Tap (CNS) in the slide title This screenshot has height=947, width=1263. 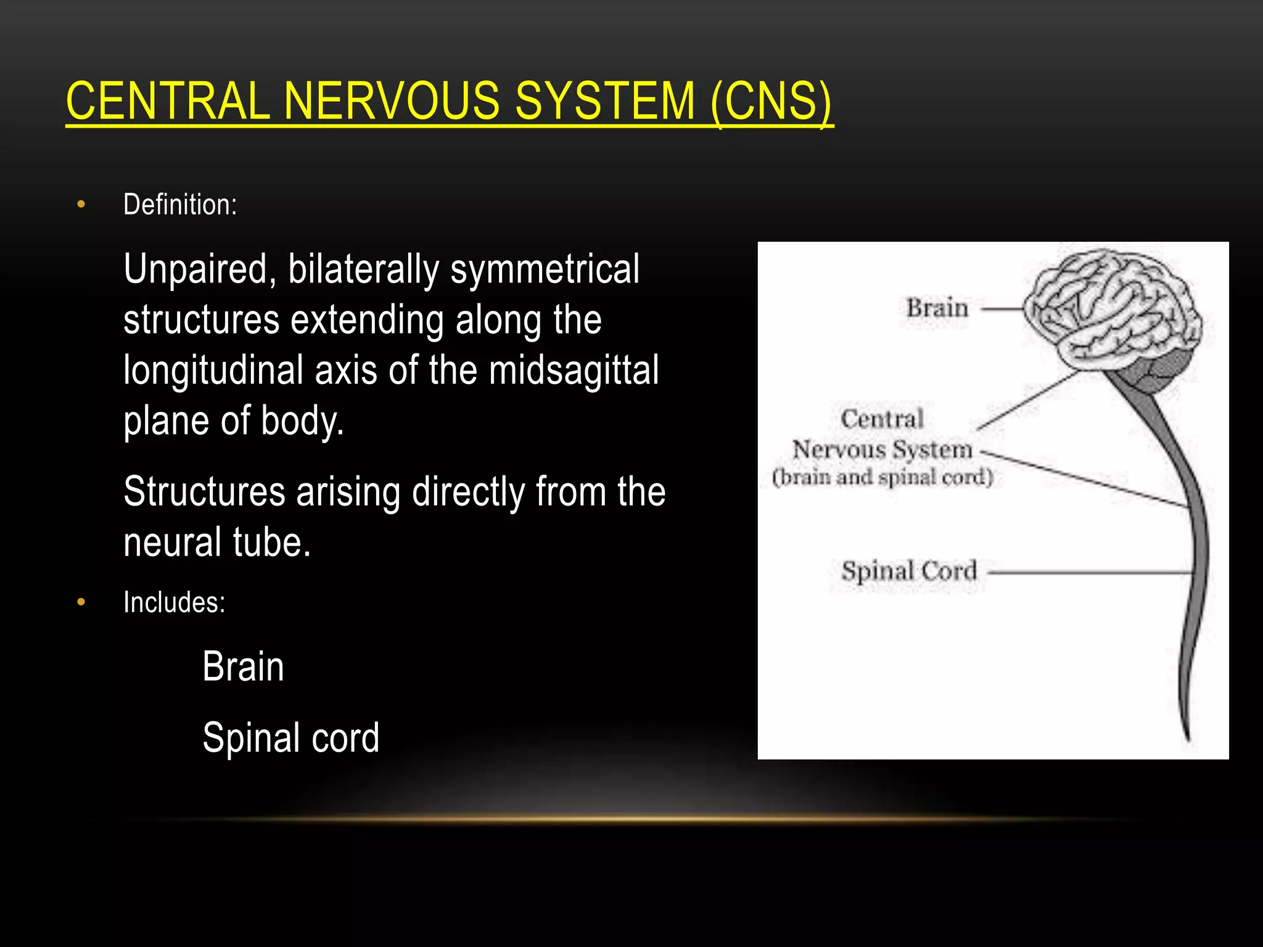771,101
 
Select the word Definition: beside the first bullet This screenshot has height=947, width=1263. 180,205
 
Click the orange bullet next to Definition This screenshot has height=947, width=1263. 81,204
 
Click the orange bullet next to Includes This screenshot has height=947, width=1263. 81,602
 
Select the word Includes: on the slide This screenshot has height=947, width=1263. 175,602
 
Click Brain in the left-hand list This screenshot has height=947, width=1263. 243,667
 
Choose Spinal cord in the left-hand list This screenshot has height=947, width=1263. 290,738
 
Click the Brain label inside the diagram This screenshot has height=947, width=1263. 937,308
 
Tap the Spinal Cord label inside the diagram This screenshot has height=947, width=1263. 909,571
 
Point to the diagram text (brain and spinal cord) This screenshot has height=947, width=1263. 882,477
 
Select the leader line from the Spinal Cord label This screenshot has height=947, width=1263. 1085,572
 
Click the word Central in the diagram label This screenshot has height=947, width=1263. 882,419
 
